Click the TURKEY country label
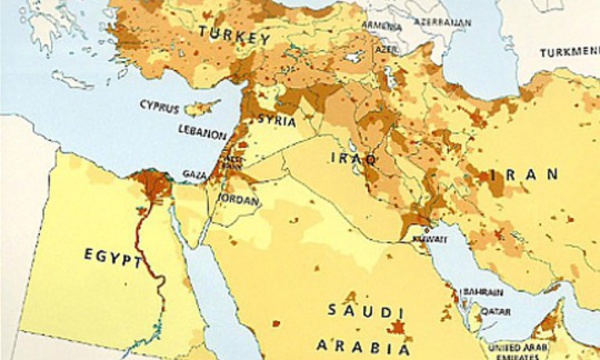tap(236, 38)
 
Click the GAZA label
tap(194, 174)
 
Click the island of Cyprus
tap(207, 104)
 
